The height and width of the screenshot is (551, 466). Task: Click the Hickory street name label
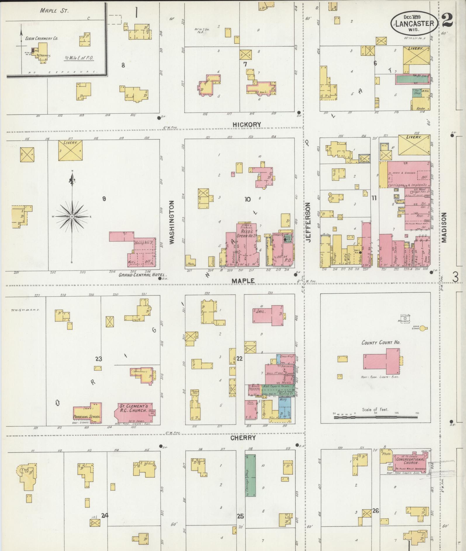click(x=246, y=124)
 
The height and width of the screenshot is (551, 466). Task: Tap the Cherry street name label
click(x=243, y=438)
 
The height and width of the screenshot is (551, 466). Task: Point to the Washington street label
click(x=171, y=222)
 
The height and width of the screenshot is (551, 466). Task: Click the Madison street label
click(x=444, y=227)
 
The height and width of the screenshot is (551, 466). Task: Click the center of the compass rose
click(x=72, y=216)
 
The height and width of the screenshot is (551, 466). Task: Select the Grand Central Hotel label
click(x=142, y=275)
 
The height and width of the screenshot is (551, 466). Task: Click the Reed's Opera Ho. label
click(x=246, y=231)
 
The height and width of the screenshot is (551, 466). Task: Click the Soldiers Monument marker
click(x=405, y=318)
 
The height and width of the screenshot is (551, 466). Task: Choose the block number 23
click(x=98, y=359)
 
